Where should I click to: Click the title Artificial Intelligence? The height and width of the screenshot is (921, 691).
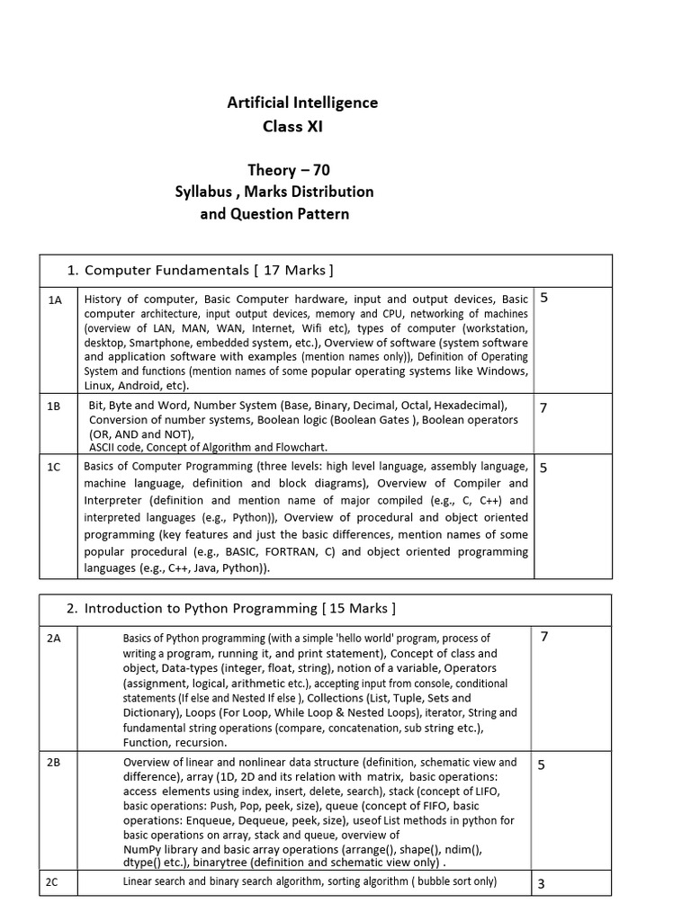[302, 103]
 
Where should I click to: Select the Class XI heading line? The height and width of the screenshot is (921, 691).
[292, 127]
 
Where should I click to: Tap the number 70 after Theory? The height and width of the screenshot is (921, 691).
[328, 170]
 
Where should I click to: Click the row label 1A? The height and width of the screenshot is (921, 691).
[55, 300]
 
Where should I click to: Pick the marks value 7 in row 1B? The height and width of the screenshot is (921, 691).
[543, 408]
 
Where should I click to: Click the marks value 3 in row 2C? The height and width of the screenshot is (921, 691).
[541, 884]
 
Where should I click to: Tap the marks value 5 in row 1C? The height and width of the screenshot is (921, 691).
[543, 468]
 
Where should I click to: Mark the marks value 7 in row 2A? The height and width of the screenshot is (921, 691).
[543, 637]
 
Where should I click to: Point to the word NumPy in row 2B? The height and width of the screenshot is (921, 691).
[142, 849]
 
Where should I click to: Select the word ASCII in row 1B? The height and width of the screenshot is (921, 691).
[103, 447]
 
